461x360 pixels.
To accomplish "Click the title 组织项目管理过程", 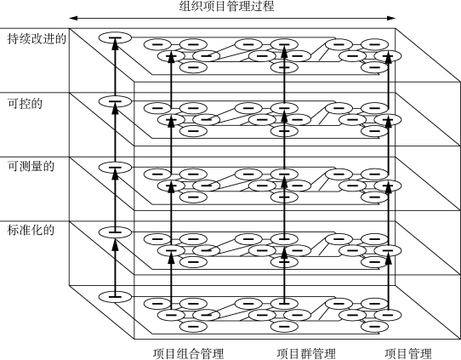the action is (x=227, y=6).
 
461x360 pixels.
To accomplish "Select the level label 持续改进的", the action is (x=37, y=39).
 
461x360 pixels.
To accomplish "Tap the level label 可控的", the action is (x=25, y=104).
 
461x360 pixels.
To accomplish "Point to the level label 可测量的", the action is (x=31, y=167).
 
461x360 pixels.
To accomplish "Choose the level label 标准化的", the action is (x=31, y=230).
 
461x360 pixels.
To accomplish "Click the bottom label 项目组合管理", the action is (x=189, y=353).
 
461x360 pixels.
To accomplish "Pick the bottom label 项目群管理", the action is (x=306, y=353).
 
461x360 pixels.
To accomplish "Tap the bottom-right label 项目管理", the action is (x=408, y=353).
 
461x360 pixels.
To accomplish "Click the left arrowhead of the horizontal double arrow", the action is (x=73, y=18).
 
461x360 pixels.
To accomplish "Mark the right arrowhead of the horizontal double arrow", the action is (x=391, y=18).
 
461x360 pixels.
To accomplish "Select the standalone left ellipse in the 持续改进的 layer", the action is (x=115, y=37).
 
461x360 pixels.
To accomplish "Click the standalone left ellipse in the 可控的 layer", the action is (x=115, y=101).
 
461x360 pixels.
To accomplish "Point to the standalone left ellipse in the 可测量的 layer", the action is (x=115, y=167).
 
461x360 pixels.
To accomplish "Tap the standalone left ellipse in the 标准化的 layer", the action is (x=115, y=232).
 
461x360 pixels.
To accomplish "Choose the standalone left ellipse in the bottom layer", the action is (x=115, y=296).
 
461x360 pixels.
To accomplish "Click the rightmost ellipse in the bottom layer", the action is (x=388, y=315).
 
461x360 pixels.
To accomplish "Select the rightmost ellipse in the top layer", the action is (x=388, y=55).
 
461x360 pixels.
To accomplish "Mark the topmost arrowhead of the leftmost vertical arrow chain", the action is (x=115, y=44).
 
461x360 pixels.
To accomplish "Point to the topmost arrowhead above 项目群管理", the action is (x=284, y=50).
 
